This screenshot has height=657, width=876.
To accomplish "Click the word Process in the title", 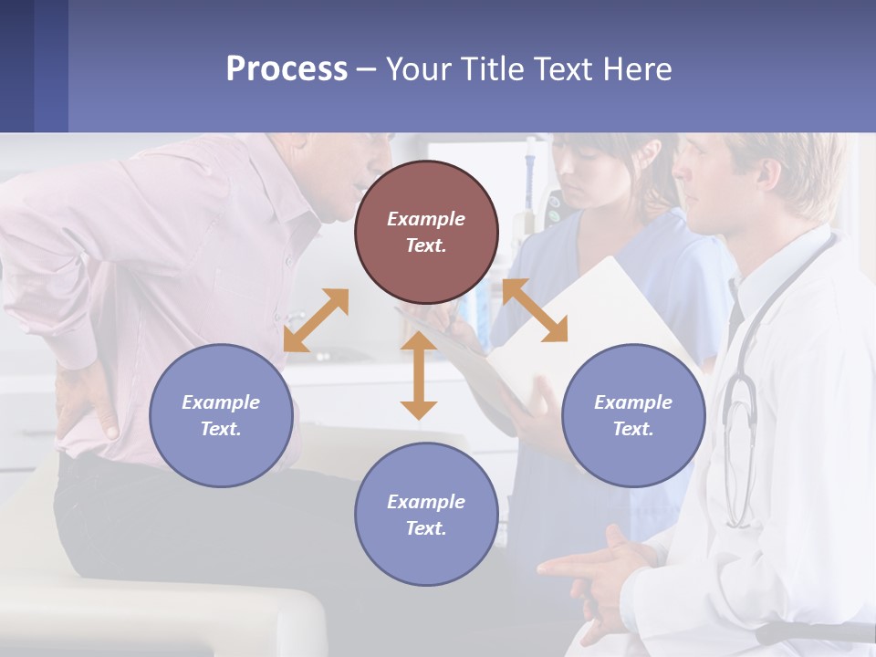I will point(287,68).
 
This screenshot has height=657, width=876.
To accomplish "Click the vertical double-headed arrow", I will point(419,375).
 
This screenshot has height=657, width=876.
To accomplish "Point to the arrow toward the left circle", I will point(316,319).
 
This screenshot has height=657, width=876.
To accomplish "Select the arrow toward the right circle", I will point(535,310).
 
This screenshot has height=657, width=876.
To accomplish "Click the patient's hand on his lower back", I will point(87,401).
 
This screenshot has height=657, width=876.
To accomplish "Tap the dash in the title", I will point(366,70).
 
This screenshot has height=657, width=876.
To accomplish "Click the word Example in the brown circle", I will point(426,219).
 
